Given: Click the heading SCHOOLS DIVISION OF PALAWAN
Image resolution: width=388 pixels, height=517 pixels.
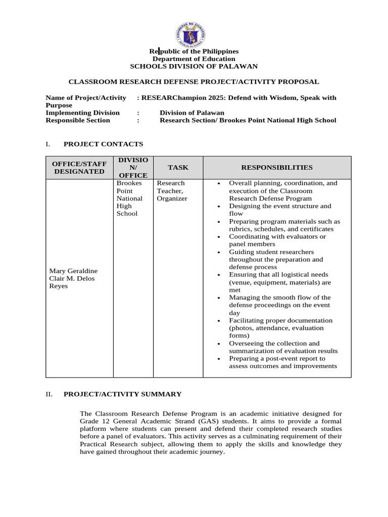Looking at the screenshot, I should [x=193, y=66].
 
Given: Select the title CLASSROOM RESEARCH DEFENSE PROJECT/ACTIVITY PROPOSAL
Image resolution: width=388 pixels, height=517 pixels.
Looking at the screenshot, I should [x=193, y=81].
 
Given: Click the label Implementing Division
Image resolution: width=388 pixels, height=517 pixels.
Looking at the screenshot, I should [x=82, y=113].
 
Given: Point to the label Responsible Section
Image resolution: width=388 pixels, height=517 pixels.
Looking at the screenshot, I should [x=77, y=120].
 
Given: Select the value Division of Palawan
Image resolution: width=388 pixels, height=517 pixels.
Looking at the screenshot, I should [x=192, y=113].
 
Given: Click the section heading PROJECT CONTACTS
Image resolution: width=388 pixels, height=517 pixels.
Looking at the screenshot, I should [x=103, y=144].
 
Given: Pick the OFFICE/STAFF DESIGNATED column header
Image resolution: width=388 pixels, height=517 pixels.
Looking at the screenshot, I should [x=79, y=168].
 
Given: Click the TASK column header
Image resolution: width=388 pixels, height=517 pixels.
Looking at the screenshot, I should [x=178, y=168].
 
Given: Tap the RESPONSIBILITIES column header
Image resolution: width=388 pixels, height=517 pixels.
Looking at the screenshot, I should [x=276, y=168].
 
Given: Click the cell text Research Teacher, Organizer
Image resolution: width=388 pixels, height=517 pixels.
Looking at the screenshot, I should [x=172, y=191].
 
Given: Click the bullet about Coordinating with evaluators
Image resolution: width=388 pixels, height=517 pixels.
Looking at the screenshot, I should [x=277, y=240].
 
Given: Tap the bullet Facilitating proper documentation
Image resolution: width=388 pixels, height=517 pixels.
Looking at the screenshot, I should [x=280, y=328].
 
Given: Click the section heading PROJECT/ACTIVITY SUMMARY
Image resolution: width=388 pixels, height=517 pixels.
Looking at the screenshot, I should [x=122, y=394].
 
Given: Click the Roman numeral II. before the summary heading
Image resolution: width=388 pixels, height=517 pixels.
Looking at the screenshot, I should [x=49, y=394].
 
